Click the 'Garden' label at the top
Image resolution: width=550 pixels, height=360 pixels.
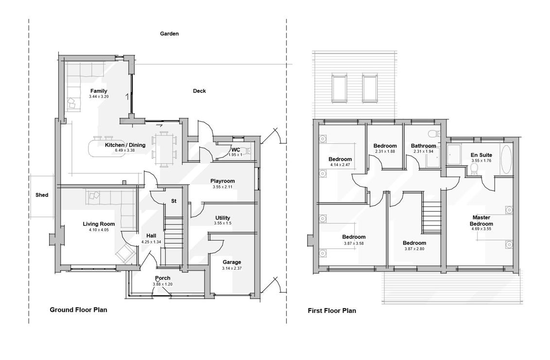(x=170, y=34)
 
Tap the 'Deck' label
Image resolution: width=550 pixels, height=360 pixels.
(x=199, y=91)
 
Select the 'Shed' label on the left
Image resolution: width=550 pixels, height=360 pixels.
(x=42, y=195)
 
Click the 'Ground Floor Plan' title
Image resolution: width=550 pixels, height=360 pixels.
(x=78, y=310)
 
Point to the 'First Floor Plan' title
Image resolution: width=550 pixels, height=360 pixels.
(x=332, y=310)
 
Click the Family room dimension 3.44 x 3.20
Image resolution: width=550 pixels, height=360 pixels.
(x=99, y=97)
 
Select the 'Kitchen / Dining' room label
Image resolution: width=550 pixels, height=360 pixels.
(x=125, y=145)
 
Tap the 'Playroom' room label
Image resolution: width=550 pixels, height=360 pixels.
(x=223, y=181)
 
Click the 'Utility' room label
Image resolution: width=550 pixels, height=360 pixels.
(x=223, y=218)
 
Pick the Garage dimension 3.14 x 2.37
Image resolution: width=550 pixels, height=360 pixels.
(x=232, y=268)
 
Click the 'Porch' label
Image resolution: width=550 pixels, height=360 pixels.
(x=163, y=278)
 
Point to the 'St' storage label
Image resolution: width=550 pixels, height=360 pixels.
(x=173, y=201)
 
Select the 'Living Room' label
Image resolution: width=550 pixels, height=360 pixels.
(x=99, y=224)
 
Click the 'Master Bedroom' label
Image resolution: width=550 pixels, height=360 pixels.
(x=481, y=221)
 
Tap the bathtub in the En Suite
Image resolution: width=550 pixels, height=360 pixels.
(x=506, y=159)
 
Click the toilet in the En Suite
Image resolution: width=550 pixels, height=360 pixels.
(x=475, y=169)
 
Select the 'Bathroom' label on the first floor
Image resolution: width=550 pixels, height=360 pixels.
(x=423, y=146)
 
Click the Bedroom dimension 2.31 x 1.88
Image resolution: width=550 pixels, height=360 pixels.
(x=385, y=151)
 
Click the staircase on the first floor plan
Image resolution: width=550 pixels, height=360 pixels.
(x=431, y=217)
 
